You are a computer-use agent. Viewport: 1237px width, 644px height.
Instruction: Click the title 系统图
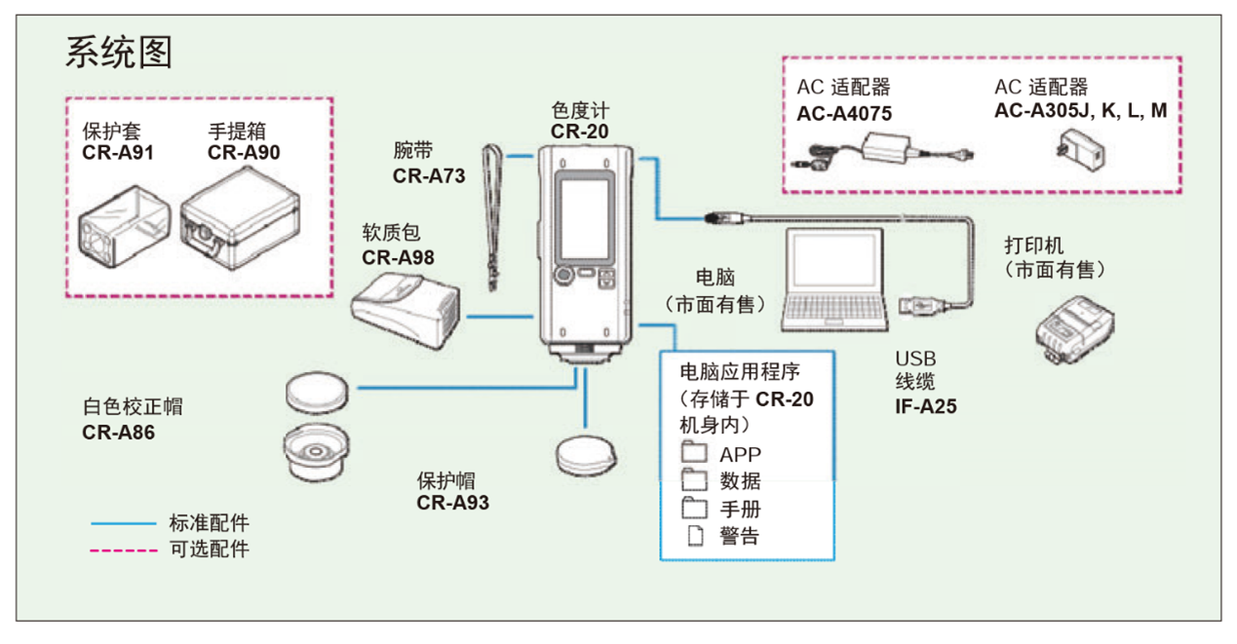pyautogui.click(x=119, y=53)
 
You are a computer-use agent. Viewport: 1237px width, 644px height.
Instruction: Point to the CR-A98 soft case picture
pyautogui.click(x=405, y=308)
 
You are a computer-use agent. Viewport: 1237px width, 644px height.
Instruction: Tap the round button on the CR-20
pyautogui.click(x=562, y=277)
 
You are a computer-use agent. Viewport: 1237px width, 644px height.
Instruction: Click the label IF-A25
pyautogui.click(x=925, y=406)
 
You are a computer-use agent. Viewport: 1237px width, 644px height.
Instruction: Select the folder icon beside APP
pyautogui.click(x=694, y=453)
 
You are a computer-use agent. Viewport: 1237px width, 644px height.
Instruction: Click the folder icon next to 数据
pyautogui.click(x=694, y=480)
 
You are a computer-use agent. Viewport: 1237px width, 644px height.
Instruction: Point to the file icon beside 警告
pyautogui.click(x=695, y=535)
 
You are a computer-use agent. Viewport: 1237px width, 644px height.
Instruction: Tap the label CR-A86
pyautogui.click(x=118, y=433)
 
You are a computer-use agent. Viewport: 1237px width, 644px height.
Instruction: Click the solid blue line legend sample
pyautogui.click(x=124, y=524)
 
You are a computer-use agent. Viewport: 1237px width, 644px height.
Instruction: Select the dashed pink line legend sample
pyautogui.click(x=124, y=549)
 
